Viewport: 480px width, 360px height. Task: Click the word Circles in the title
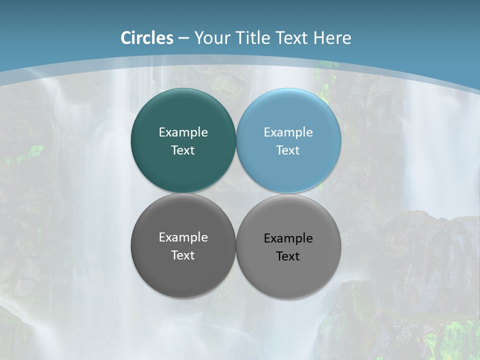coord(147,38)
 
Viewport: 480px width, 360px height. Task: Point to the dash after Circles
coord(183,38)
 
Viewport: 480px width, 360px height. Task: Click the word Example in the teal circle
coord(183,132)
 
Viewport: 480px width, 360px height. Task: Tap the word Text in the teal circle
coord(183,150)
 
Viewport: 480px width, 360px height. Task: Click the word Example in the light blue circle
coord(288,132)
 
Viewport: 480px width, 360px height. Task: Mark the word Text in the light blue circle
coord(288,150)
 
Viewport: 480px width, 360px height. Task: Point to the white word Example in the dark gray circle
coord(183,237)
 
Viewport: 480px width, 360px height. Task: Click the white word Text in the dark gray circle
coord(183,255)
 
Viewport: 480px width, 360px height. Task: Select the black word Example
coord(288,238)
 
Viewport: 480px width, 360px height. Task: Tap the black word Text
coord(288,256)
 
